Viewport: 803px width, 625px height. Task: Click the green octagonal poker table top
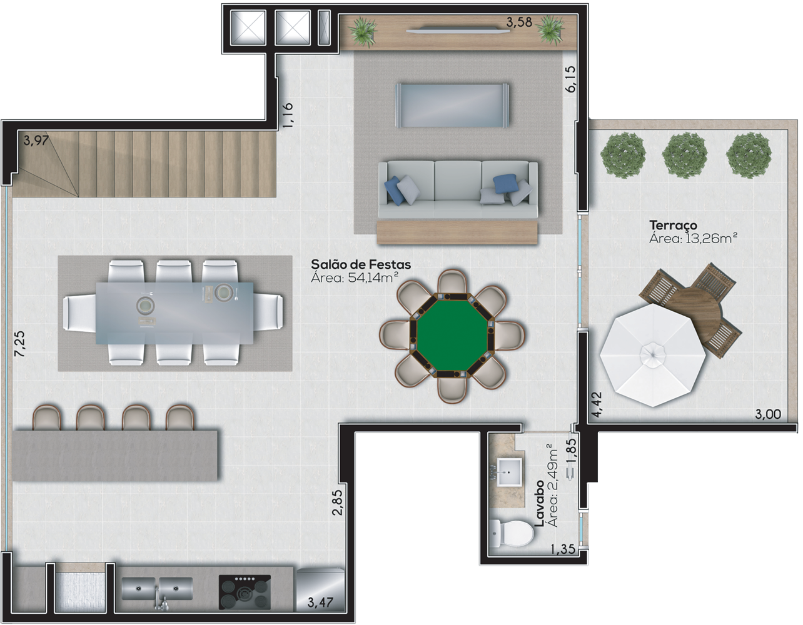pos(452,336)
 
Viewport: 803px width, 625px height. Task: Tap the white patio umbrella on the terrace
pos(653,356)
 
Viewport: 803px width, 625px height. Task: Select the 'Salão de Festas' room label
pos(361,264)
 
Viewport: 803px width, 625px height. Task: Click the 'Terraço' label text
pos(674,226)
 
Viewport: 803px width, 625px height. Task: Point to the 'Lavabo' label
pos(539,503)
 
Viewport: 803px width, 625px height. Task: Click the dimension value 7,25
pos(19,344)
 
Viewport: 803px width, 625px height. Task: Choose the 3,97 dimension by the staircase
pos(36,141)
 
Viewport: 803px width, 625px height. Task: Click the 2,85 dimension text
pos(338,502)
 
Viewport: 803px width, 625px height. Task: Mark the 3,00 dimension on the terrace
pos(768,414)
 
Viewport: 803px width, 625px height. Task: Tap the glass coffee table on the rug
pos(452,105)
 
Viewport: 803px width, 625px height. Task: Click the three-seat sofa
pos(458,190)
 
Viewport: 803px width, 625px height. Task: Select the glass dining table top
pos(174,313)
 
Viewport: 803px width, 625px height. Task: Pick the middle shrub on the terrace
pos(684,156)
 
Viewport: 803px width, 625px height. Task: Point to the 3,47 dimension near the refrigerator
pos(320,603)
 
